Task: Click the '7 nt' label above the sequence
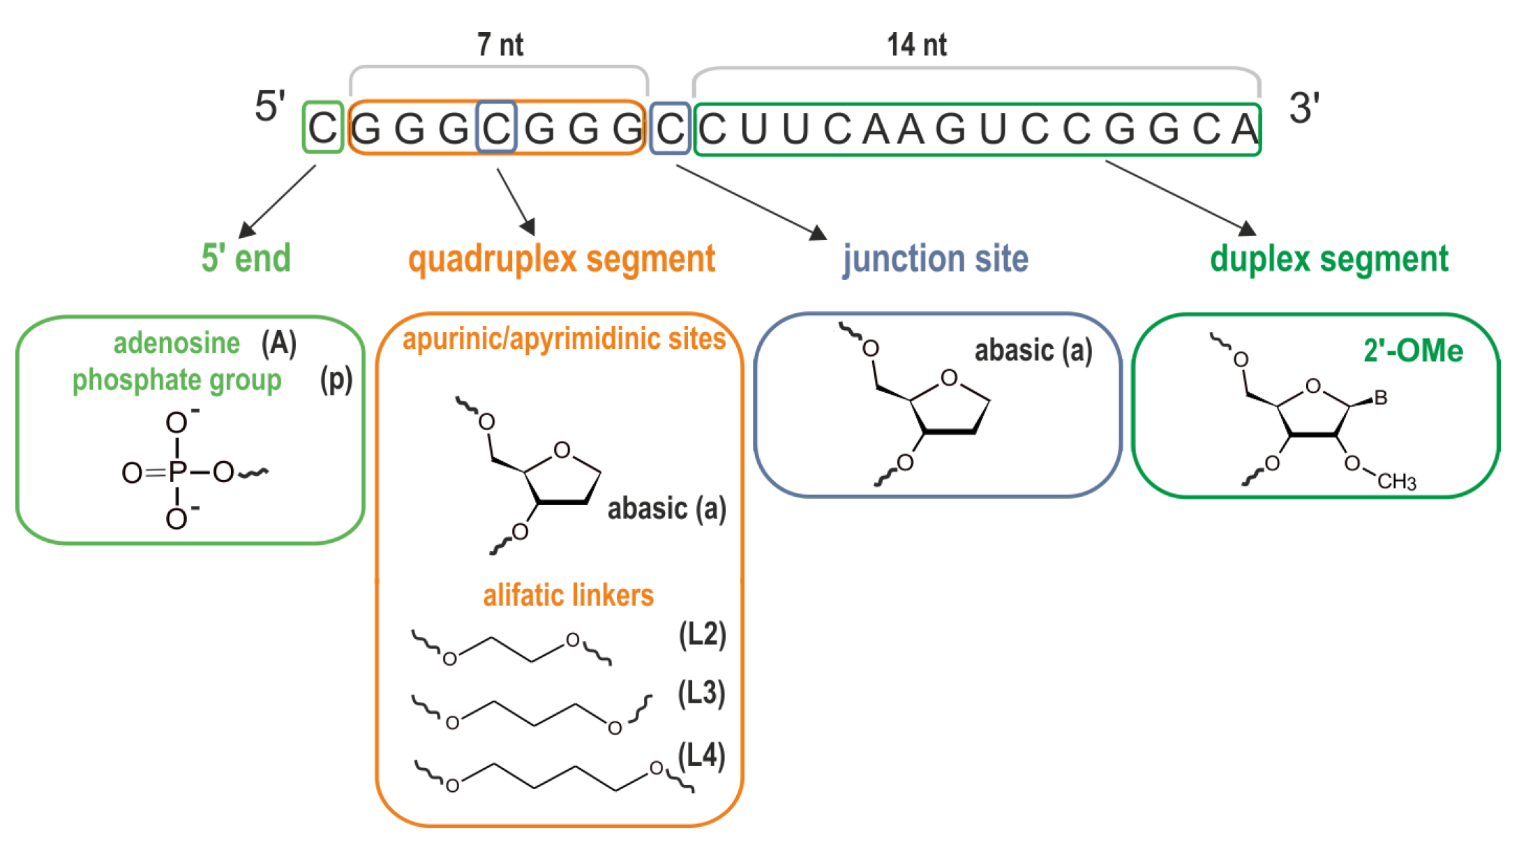coord(500,45)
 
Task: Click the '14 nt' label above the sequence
coord(916,45)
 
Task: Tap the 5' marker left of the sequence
coord(270,107)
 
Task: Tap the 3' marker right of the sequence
coord(1303,108)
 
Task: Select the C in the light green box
coord(322,128)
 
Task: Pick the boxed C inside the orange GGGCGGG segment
coord(496,128)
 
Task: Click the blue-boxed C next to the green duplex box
coord(670,129)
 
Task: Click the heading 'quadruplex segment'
coord(562,259)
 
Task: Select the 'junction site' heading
coord(935,259)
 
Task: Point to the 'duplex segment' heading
coord(1329,259)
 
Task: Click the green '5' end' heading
coord(246,258)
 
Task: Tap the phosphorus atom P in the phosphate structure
coord(177,473)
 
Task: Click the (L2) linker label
coord(702,635)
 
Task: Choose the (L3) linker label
coord(701,694)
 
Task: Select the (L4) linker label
coord(701,756)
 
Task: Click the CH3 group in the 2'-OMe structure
coord(1396,481)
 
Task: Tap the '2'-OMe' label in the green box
coord(1413,351)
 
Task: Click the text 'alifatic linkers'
coord(568,595)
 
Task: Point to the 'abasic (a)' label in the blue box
coord(1033,351)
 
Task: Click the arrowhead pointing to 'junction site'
coord(818,233)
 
